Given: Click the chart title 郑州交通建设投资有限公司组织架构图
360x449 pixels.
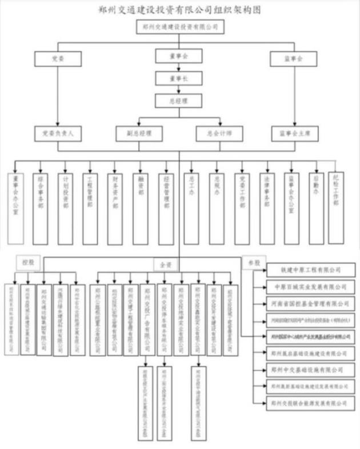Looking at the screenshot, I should coord(179,10).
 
